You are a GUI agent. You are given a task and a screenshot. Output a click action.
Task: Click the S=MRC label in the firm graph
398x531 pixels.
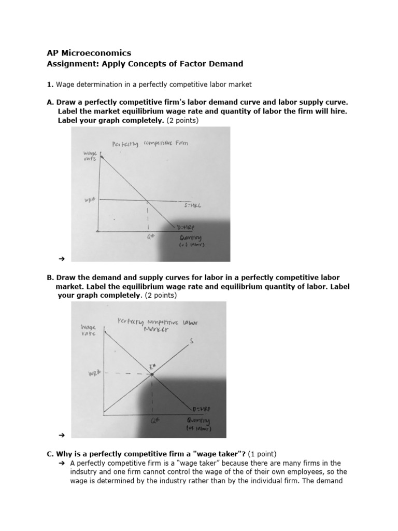click(193, 205)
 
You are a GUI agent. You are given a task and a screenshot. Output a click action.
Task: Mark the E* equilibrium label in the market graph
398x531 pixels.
click(153, 367)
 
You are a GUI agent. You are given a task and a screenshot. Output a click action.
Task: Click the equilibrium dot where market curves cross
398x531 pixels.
click(152, 374)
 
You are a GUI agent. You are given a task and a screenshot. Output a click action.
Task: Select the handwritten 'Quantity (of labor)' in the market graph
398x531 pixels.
click(199, 424)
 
